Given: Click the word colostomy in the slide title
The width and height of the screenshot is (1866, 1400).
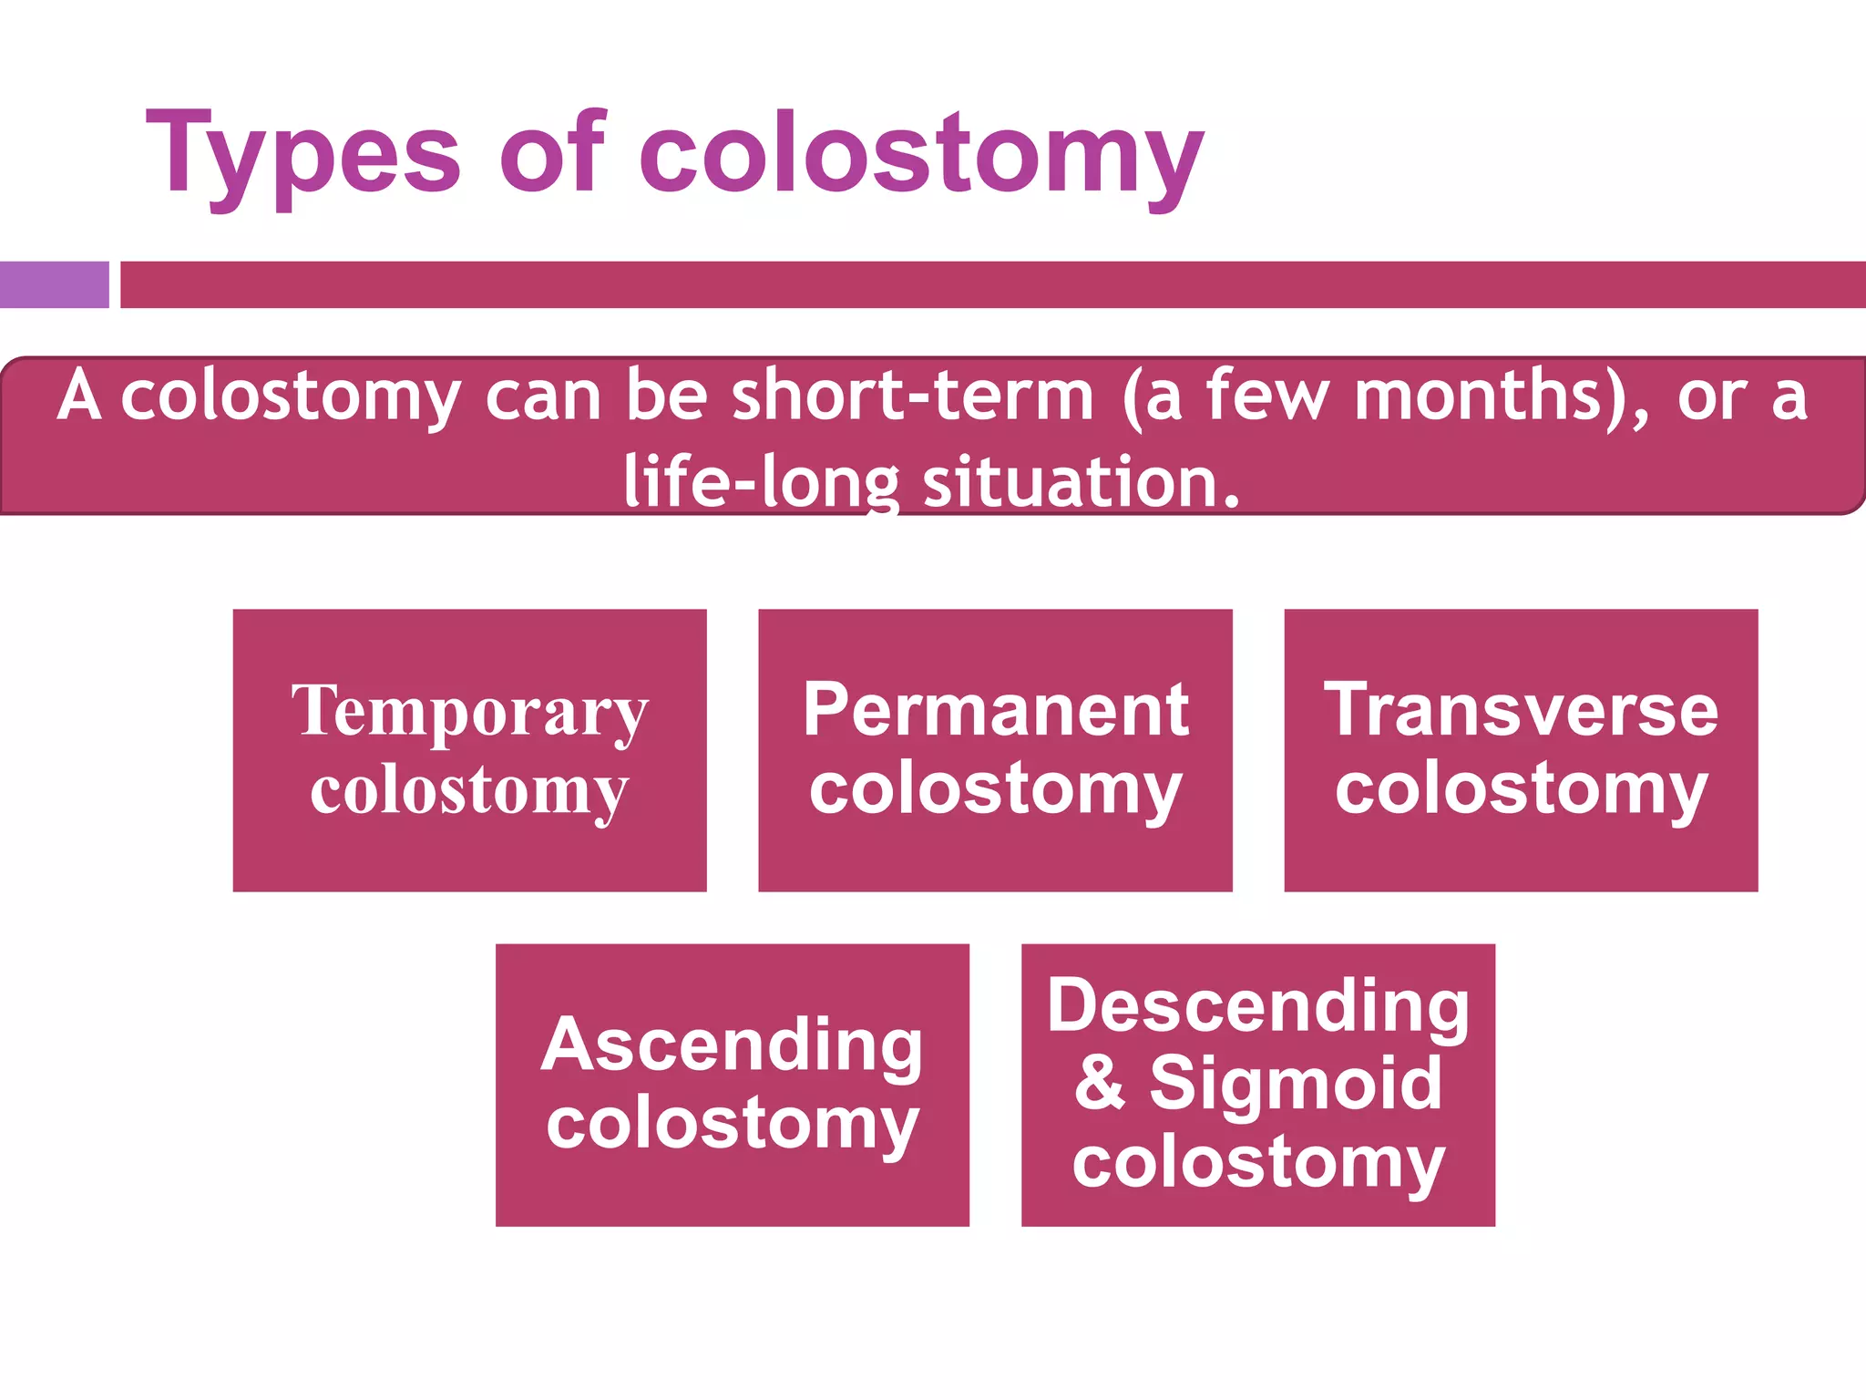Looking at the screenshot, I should (921, 155).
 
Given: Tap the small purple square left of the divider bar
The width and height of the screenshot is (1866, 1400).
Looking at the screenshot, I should (54, 284).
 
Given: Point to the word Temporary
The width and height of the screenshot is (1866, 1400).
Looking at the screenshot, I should (469, 712).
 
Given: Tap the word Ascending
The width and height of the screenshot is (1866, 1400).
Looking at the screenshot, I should (732, 1045).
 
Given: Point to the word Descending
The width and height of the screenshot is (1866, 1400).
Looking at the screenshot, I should (1257, 1006).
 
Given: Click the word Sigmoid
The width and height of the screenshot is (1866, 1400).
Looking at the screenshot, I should (1296, 1084).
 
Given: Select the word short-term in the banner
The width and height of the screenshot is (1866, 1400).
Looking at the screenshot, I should (912, 396).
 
